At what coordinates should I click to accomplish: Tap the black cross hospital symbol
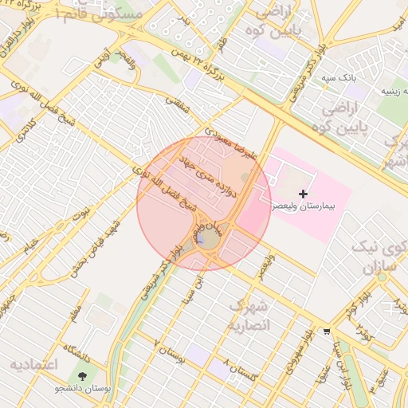click(x=303, y=194)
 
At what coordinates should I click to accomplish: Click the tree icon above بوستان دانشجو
click(x=83, y=375)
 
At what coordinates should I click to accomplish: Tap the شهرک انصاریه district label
click(x=250, y=316)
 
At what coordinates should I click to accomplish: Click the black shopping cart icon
click(x=327, y=332)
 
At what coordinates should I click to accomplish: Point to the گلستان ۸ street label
click(x=241, y=371)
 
